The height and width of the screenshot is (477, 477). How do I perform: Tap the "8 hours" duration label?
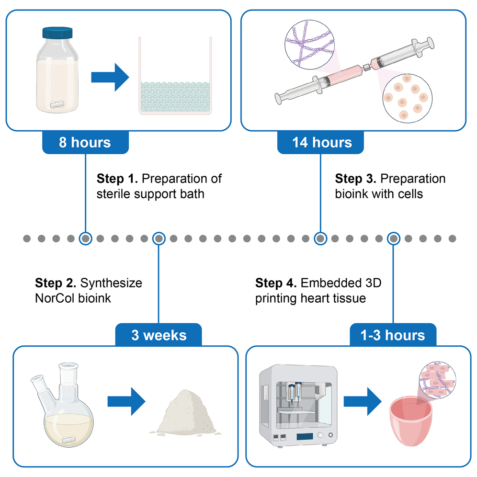(x=85, y=142)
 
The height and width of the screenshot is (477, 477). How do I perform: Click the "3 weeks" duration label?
(x=159, y=335)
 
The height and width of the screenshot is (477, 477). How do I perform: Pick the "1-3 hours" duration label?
(x=393, y=335)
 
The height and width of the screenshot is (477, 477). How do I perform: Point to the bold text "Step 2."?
(x=56, y=283)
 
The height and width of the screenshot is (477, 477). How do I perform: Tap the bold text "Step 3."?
(x=356, y=179)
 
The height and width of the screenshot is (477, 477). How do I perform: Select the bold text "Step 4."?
(x=276, y=283)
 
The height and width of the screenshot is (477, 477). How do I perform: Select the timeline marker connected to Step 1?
(x=85, y=238)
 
